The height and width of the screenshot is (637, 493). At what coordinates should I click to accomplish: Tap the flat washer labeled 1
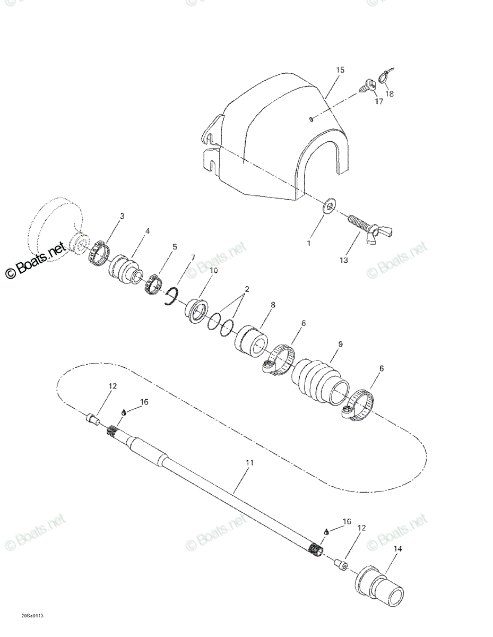point(329,205)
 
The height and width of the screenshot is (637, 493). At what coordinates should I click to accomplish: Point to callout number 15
point(340,70)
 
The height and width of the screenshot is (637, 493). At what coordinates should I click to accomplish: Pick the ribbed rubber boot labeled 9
point(320,380)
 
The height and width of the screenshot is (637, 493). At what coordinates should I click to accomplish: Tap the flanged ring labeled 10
point(197,311)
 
